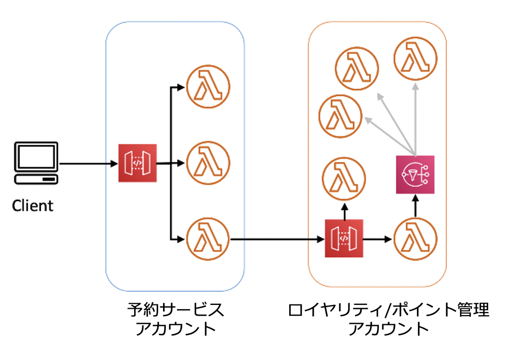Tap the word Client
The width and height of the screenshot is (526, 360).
pyautogui.click(x=33, y=206)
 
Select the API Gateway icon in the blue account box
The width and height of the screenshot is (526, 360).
pyautogui.click(x=137, y=163)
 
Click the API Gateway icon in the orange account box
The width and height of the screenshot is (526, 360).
pyautogui.click(x=344, y=238)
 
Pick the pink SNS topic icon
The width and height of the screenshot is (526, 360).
pyautogui.click(x=415, y=175)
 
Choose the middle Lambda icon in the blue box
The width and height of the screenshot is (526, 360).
pyautogui.click(x=207, y=163)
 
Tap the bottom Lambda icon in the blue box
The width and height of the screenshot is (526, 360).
pyautogui.click(x=207, y=238)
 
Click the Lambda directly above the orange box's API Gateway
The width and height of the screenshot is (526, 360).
pyautogui.click(x=344, y=178)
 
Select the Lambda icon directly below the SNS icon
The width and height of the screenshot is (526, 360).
pyautogui.click(x=415, y=238)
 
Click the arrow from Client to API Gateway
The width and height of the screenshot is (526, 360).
pyautogui.click(x=88, y=163)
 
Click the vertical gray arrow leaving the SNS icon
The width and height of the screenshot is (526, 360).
pyautogui.click(x=415, y=118)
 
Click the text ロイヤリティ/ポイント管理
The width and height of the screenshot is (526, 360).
pyautogui.click(x=388, y=310)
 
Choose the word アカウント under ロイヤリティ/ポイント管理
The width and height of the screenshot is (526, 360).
pyautogui.click(x=388, y=328)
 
